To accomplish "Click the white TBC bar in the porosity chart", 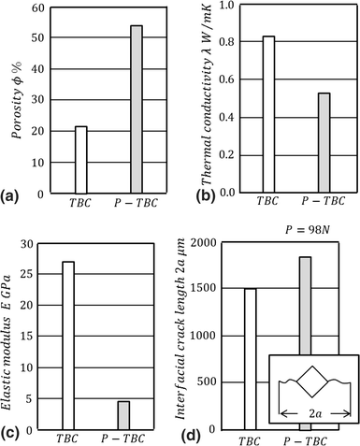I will [80, 160].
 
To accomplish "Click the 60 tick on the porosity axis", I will [37, 8].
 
